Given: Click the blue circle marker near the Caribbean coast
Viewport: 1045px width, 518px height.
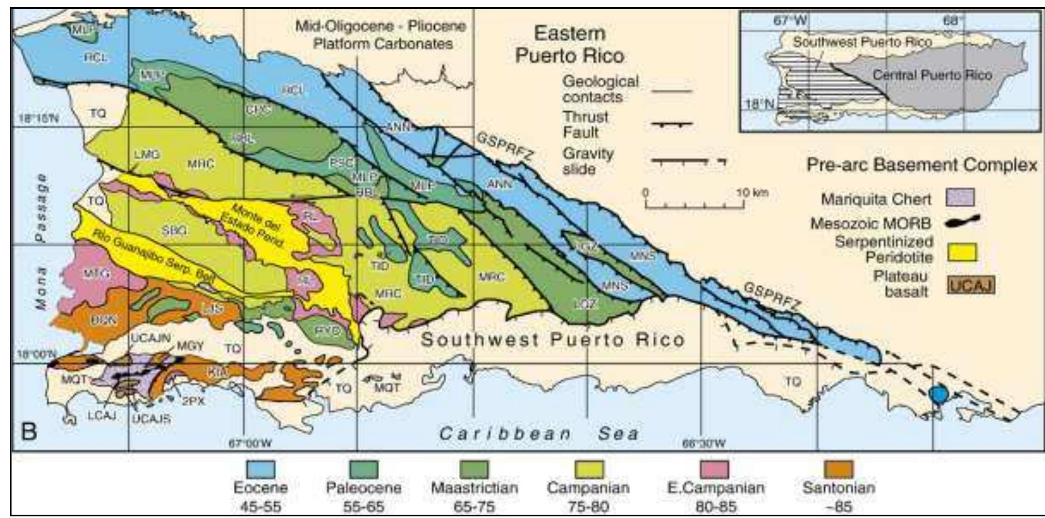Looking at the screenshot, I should click(939, 394).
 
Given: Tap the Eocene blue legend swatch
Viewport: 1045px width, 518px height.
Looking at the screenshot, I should click(260, 470).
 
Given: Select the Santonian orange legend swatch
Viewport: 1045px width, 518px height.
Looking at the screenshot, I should click(838, 470).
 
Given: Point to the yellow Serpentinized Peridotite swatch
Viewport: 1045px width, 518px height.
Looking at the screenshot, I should click(962, 253).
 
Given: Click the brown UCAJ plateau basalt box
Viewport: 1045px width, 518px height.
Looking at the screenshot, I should click(970, 286).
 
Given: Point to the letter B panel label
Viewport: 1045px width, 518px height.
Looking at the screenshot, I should click(29, 431).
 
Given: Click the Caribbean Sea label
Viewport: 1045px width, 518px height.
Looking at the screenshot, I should click(539, 434).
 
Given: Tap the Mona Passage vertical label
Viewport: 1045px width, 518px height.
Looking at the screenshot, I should click(41, 241).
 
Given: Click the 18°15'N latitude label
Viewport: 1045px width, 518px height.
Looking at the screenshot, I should click(38, 118).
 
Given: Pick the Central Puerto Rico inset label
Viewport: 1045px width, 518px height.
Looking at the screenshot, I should click(932, 75).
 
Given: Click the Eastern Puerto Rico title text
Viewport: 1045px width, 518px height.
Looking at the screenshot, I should click(569, 45).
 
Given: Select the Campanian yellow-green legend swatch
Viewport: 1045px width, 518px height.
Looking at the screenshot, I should click(588, 470).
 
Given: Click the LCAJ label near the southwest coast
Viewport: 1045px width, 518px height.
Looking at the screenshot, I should click(102, 415).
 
